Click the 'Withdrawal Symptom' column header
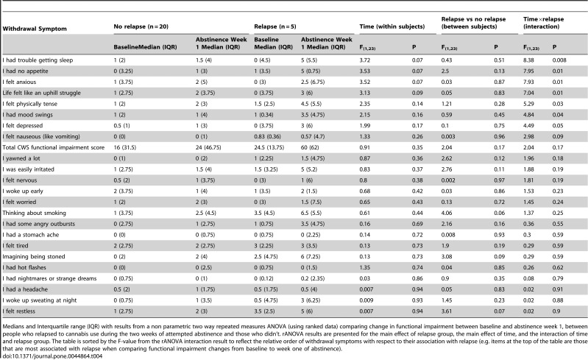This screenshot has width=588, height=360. click(x=35, y=29)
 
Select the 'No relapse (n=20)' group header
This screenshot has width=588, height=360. click(x=141, y=27)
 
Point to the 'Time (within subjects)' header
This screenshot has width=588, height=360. click(x=392, y=27)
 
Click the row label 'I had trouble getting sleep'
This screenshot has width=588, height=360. click(x=38, y=60)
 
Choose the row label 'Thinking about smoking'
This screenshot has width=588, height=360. click(x=34, y=213)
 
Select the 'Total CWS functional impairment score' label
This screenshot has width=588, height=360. click(x=53, y=147)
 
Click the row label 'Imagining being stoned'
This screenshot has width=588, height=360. click(x=34, y=256)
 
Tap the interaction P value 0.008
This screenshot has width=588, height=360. click(x=559, y=60)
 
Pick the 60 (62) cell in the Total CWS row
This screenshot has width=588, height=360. click(x=310, y=147)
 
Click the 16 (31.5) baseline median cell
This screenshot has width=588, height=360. click(x=125, y=147)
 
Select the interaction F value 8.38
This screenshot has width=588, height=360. click(x=528, y=60)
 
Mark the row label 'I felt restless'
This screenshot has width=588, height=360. click(x=18, y=311)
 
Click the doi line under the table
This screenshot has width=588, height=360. click(x=52, y=356)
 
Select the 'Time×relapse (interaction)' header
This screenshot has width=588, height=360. click(x=543, y=23)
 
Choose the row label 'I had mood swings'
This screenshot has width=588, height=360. click(x=27, y=115)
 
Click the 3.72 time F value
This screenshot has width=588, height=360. click(x=365, y=60)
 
